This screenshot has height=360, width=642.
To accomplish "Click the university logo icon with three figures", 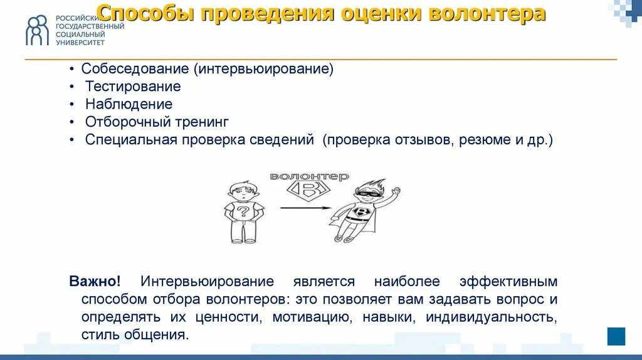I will tap(36, 30).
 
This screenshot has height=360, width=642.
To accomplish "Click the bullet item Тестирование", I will tap(133, 87).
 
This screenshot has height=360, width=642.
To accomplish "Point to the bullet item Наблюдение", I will tap(129, 104).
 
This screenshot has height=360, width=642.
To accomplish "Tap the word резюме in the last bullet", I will tap(485, 139).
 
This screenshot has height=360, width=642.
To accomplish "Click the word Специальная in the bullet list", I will tap(132, 139).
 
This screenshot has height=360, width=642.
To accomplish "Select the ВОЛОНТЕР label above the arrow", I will tap(309, 177).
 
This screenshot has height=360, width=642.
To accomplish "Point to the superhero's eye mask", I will tap(366, 194).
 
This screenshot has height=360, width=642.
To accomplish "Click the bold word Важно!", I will tap(95, 282).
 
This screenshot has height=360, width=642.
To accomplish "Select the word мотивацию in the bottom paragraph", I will tap(310, 317).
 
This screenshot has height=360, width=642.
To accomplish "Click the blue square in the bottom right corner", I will tap(616, 336).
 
